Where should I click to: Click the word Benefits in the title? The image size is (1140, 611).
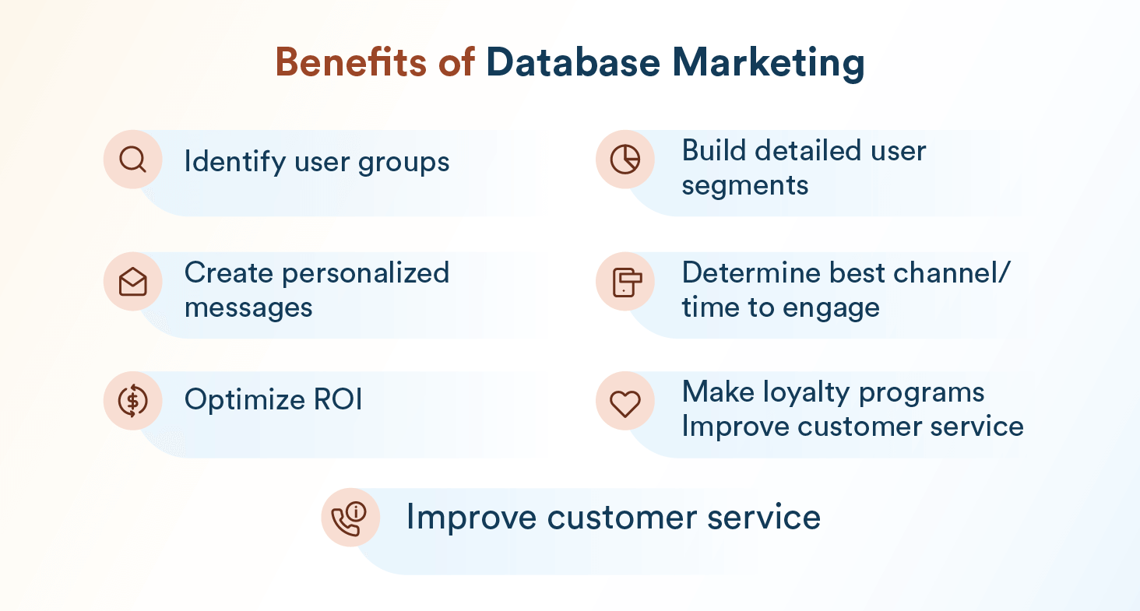click(x=350, y=62)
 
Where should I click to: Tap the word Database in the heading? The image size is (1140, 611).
click(x=573, y=62)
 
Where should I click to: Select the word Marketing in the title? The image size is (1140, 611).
click(x=768, y=64)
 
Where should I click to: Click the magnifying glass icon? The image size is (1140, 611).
click(x=133, y=160)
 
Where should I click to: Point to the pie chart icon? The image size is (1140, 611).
click(x=625, y=160)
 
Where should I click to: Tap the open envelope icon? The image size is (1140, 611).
click(x=133, y=281)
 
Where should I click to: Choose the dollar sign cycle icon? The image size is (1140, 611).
click(x=133, y=400)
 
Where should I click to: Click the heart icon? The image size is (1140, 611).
click(x=625, y=403)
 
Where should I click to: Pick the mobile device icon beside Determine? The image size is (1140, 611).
click(x=627, y=282)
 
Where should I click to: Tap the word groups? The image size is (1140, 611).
click(x=403, y=163)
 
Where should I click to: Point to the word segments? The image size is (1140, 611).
click(x=744, y=186)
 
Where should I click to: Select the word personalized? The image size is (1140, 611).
click(x=365, y=273)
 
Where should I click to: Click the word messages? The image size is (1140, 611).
click(x=248, y=307)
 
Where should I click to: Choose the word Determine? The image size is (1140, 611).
click(x=751, y=272)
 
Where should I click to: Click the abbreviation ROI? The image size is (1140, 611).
click(x=337, y=399)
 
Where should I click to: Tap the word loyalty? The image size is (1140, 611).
click(x=806, y=393)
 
